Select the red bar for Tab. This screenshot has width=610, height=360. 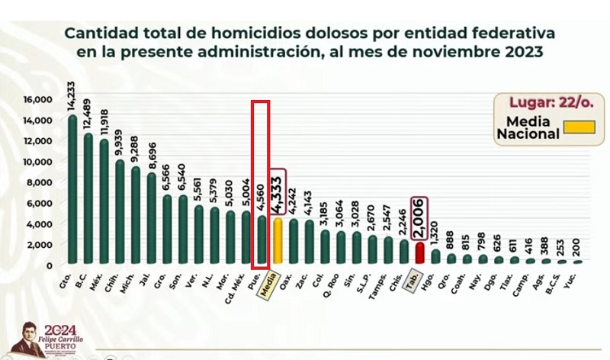coord(419,252)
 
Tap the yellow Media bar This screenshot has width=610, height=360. coord(278,241)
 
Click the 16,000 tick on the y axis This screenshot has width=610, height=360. coord(37,99)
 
